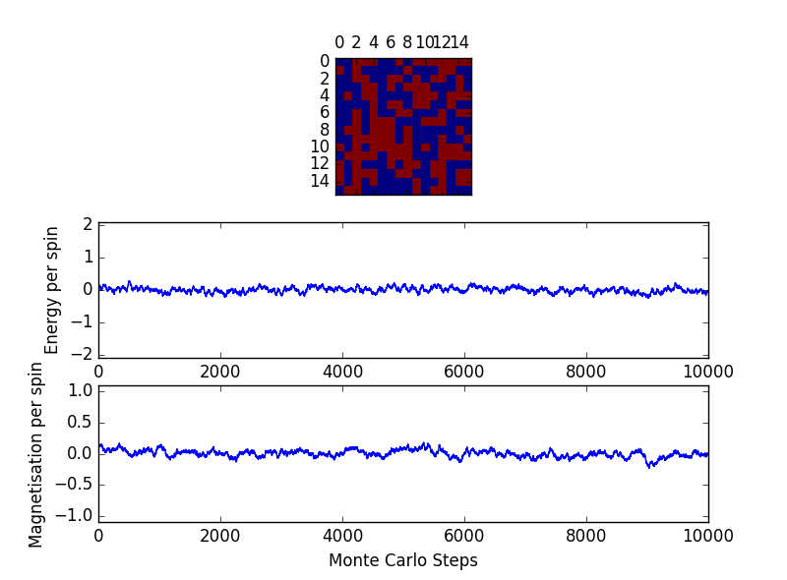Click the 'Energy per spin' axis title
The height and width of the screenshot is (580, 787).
(x=52, y=290)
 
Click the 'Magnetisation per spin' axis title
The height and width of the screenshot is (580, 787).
(x=36, y=454)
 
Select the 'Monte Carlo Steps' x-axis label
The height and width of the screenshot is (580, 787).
(x=402, y=560)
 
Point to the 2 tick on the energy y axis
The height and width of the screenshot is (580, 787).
(x=88, y=225)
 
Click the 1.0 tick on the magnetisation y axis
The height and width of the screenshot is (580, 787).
(x=80, y=390)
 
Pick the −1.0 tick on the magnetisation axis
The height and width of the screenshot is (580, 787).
(x=76, y=515)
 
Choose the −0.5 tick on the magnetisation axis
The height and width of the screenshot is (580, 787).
(x=76, y=484)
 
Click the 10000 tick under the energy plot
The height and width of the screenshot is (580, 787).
(x=707, y=372)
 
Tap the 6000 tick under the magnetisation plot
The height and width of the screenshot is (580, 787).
(x=464, y=536)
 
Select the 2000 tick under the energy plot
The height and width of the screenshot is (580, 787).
(x=220, y=372)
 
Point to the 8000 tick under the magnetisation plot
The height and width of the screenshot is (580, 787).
(x=586, y=536)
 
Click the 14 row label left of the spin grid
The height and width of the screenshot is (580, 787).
(x=321, y=181)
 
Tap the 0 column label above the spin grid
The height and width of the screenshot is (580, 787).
(x=339, y=43)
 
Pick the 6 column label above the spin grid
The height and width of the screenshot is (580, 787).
(x=391, y=43)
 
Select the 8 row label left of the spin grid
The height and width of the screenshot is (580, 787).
(x=324, y=130)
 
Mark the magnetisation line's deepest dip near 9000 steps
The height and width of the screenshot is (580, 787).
(x=650, y=467)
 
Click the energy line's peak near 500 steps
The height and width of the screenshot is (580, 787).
(x=129, y=281)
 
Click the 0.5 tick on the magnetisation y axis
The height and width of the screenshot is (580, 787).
(x=80, y=422)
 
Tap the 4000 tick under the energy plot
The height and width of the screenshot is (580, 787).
(x=342, y=372)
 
